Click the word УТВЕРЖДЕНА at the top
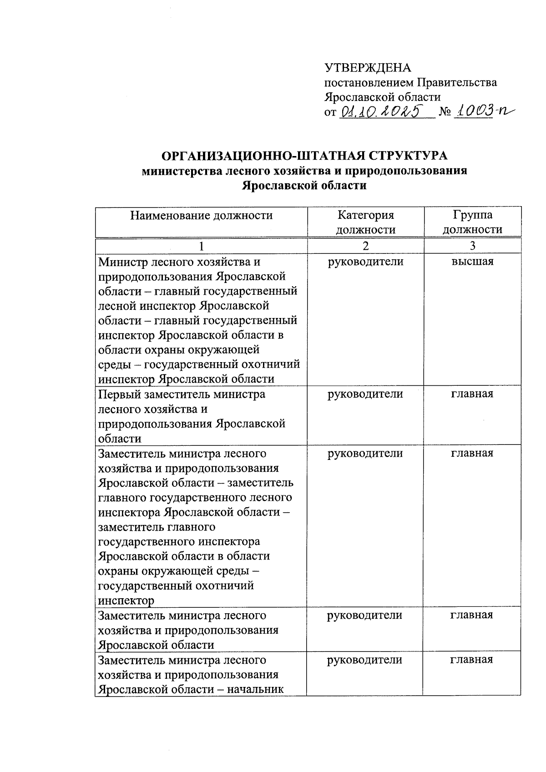[x=367, y=68]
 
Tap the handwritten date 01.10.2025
[x=382, y=111]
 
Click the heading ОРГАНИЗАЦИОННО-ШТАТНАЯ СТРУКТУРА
[x=305, y=156]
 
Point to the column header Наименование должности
[x=202, y=215]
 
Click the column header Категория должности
[x=365, y=222]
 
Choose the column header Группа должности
[x=472, y=222]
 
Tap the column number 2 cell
[x=365, y=246]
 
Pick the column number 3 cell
[x=472, y=246]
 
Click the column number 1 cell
[x=201, y=246]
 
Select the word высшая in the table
[x=472, y=262]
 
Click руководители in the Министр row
[x=365, y=262]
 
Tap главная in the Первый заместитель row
[x=472, y=394]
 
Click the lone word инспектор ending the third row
[x=126, y=600]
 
